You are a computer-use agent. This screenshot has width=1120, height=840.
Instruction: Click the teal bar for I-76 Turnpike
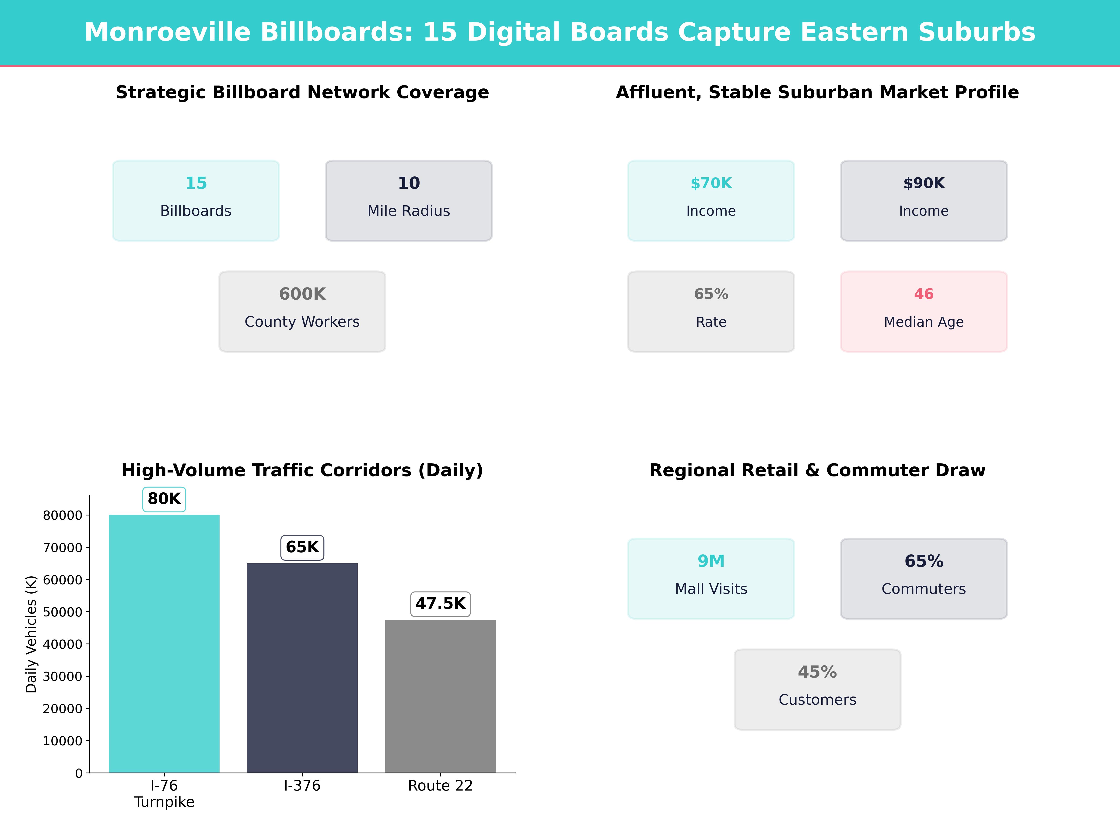coord(164,643)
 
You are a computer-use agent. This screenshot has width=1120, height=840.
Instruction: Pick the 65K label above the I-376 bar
coord(302,547)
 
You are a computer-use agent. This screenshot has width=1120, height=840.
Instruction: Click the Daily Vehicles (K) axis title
coord(31,634)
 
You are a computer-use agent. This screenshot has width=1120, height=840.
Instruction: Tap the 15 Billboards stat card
coord(196,200)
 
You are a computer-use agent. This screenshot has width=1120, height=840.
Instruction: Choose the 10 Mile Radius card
coord(409,200)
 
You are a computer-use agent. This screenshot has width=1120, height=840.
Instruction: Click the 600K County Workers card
coord(302,311)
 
